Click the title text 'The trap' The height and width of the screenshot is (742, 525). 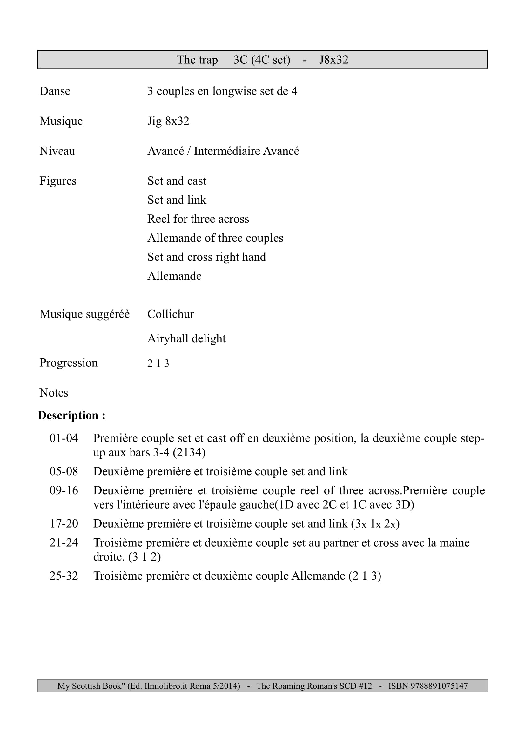click(197, 60)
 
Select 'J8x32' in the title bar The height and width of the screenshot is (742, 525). click(333, 60)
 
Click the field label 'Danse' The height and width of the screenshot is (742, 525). click(55, 91)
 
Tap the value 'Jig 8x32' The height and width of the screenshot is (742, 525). click(168, 121)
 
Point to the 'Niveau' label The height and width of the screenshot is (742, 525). click(57, 151)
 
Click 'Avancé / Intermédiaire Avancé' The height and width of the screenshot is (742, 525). click(223, 151)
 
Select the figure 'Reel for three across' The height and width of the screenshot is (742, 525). click(198, 219)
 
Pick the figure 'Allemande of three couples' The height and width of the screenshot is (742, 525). click(215, 238)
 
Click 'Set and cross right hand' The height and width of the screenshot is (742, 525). click(206, 257)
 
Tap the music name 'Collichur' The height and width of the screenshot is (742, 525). click(171, 314)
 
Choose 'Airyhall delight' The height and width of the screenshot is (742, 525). click(186, 338)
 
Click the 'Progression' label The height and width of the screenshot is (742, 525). click(68, 363)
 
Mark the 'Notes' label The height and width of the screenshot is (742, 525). click(54, 393)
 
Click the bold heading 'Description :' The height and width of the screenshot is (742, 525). click(71, 415)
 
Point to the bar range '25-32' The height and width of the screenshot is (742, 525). click(64, 575)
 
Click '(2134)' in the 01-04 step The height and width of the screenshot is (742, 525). click(189, 452)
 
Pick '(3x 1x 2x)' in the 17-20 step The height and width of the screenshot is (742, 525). click(375, 523)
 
